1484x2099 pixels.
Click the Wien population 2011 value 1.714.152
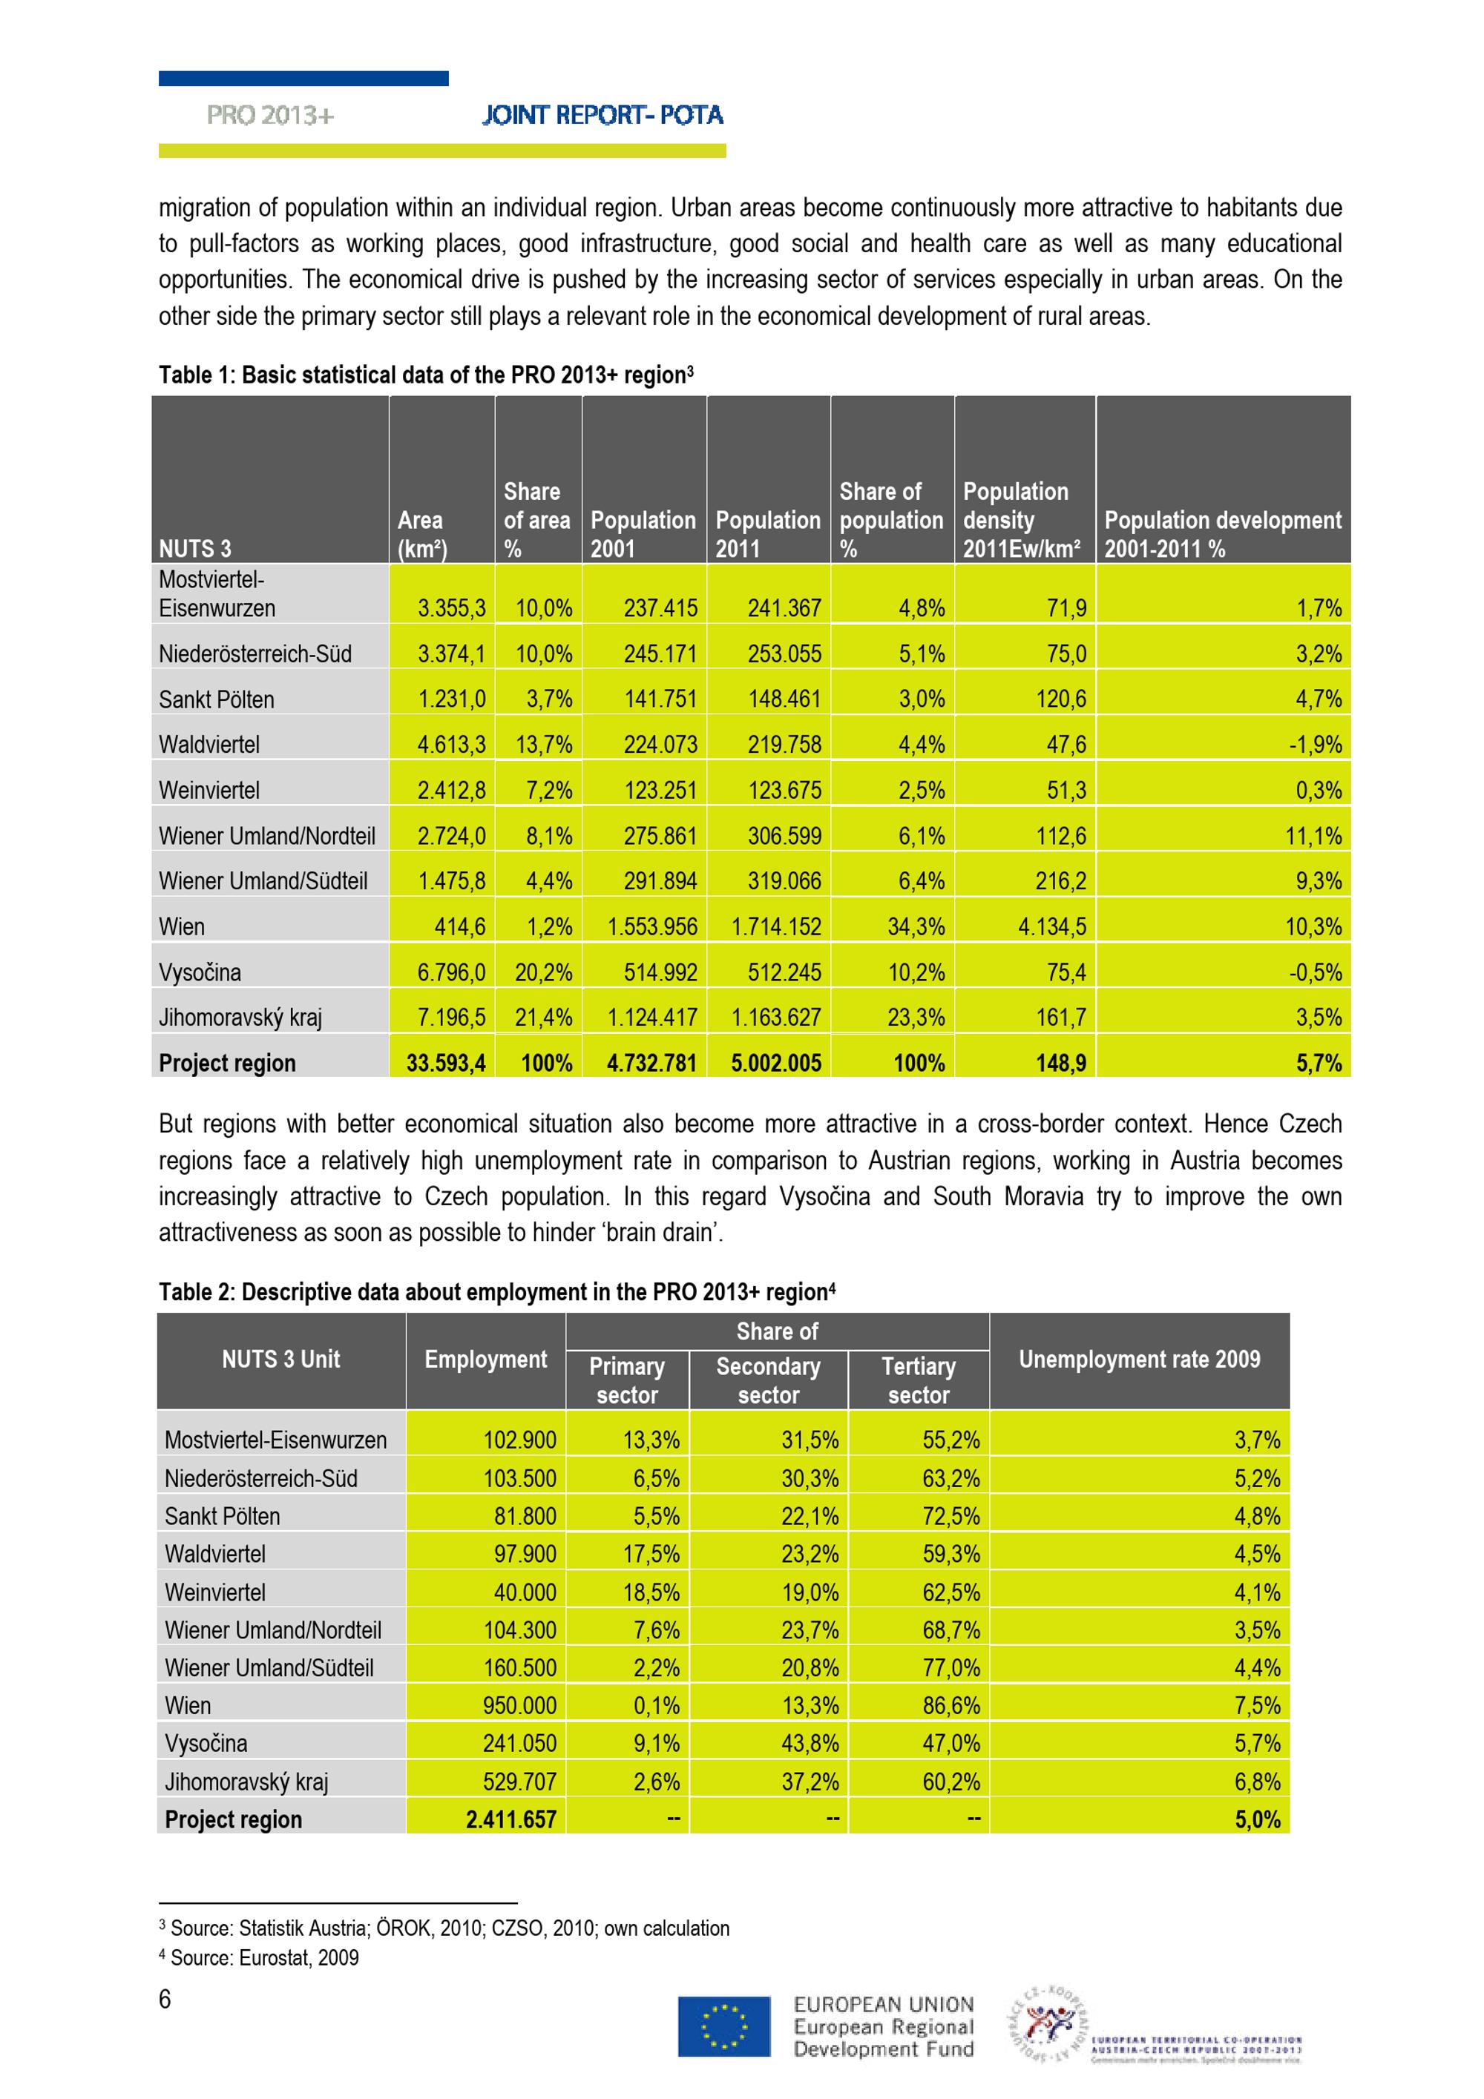(775, 927)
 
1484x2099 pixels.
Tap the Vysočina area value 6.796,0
(451, 972)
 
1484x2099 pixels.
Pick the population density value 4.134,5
(1051, 927)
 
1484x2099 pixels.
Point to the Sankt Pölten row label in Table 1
(217, 699)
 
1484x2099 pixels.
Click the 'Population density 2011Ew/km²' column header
(1020, 520)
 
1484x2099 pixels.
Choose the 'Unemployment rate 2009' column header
(1138, 1360)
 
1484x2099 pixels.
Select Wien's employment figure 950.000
(519, 1705)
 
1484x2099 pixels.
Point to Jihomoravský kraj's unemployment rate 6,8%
(1256, 1781)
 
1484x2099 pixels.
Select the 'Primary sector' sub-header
(626, 1380)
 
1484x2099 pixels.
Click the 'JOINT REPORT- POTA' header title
(603, 115)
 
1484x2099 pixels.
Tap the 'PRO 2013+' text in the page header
(270, 115)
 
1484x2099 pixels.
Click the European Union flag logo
(723, 2026)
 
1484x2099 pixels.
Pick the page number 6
(165, 2000)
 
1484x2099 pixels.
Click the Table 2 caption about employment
(496, 1292)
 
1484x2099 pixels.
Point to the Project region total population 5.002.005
(775, 1063)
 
